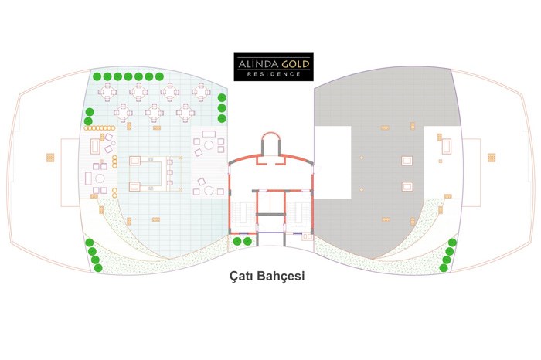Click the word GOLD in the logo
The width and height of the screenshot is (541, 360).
(x=295, y=64)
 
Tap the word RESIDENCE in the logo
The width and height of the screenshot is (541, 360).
(x=274, y=74)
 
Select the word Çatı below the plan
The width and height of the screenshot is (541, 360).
(x=242, y=277)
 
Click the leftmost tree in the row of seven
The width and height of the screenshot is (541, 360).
(x=97, y=76)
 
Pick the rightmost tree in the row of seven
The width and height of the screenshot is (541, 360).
(x=159, y=76)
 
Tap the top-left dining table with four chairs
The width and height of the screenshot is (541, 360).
(x=107, y=92)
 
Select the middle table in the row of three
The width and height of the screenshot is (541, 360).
(x=155, y=113)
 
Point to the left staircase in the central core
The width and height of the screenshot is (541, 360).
(x=243, y=213)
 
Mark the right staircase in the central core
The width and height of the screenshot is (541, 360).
(x=299, y=213)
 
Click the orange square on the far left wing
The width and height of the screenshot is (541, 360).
(x=50, y=158)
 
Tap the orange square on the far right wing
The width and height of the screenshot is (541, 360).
(x=492, y=158)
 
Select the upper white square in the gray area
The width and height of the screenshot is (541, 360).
(x=407, y=161)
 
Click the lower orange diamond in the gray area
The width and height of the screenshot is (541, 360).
(x=362, y=189)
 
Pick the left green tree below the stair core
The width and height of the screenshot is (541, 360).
(x=237, y=241)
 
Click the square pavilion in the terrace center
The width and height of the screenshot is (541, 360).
(x=155, y=174)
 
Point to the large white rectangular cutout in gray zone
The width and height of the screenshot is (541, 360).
(x=333, y=162)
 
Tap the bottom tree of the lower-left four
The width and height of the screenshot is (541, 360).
(x=98, y=267)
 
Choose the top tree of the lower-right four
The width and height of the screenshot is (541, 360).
(x=452, y=243)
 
